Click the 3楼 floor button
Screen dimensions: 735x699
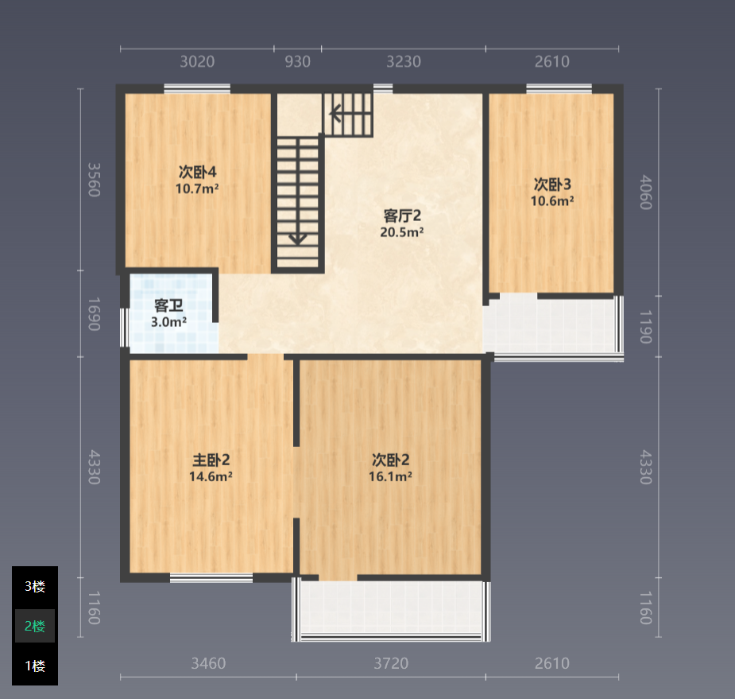click(35, 586)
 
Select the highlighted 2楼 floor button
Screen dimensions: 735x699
click(35, 626)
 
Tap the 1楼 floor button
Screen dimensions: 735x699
click(35, 666)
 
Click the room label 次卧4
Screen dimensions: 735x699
click(197, 173)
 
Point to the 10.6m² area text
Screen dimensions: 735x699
click(552, 200)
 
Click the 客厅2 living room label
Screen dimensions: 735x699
click(402, 216)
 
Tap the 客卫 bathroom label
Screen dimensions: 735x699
click(168, 306)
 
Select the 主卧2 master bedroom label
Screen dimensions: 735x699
click(211, 460)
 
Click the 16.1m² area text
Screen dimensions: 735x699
click(390, 476)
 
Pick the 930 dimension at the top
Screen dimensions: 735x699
click(298, 61)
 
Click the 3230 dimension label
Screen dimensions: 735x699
click(404, 61)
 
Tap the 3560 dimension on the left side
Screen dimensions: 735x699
click(95, 180)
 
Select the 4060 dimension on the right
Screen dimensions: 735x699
click(646, 192)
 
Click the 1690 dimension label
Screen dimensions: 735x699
click(95, 314)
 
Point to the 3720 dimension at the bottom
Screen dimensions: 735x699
click(391, 663)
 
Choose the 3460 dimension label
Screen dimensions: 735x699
click(209, 663)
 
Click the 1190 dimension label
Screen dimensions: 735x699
click(646, 327)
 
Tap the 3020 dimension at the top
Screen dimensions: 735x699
click(197, 61)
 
